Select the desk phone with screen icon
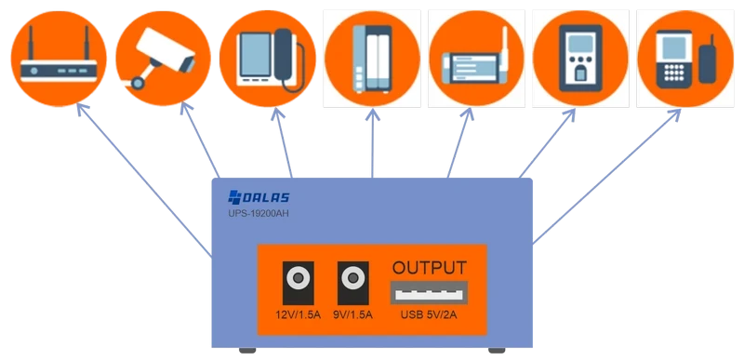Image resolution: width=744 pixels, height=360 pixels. point(267,58)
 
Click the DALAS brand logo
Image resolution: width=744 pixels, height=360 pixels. point(261,197)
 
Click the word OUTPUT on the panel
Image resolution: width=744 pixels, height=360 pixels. point(429,268)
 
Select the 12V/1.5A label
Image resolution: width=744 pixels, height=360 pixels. point(298,314)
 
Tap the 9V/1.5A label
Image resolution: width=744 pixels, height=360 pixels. point(352,314)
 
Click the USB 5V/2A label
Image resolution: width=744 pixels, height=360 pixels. point(429,314)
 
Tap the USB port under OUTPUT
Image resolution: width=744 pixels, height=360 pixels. point(429,293)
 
